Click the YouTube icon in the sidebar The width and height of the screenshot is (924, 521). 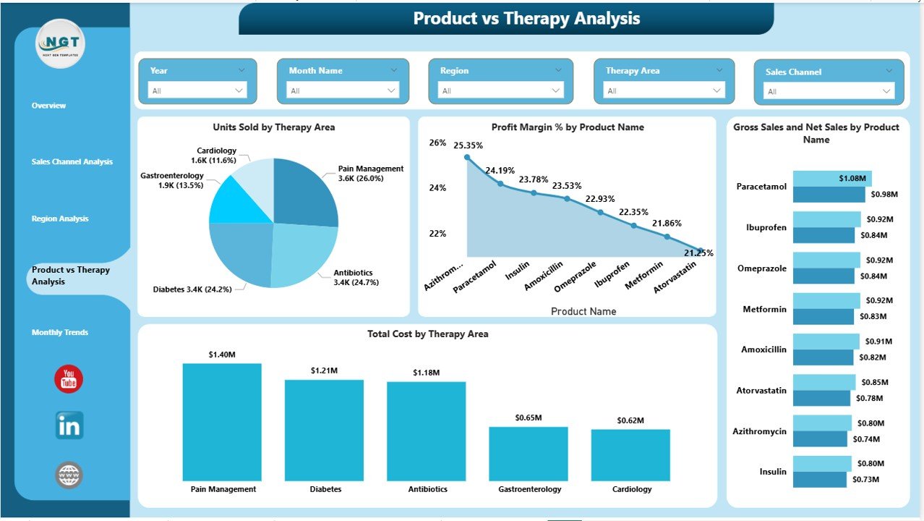(x=69, y=379)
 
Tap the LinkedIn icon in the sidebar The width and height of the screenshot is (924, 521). (x=69, y=425)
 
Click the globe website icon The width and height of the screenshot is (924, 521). (x=69, y=475)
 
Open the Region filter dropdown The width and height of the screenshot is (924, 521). (x=500, y=90)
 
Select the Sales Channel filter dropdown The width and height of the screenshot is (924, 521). (x=824, y=91)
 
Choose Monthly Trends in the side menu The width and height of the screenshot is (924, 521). (x=60, y=333)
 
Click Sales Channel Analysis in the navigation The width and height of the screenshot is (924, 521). (x=72, y=162)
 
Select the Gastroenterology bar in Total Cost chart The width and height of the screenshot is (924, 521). (x=528, y=454)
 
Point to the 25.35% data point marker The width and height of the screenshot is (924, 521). (x=467, y=157)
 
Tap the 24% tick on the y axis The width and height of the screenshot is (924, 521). (x=437, y=188)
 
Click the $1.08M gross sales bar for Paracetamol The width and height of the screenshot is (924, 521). (x=832, y=179)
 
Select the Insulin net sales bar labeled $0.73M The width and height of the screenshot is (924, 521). (x=820, y=480)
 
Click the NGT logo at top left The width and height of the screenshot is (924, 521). (x=61, y=44)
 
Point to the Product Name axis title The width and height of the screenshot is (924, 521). (x=583, y=311)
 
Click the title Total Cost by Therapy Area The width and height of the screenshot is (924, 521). (x=427, y=334)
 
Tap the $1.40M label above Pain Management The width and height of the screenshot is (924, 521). (x=222, y=355)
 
